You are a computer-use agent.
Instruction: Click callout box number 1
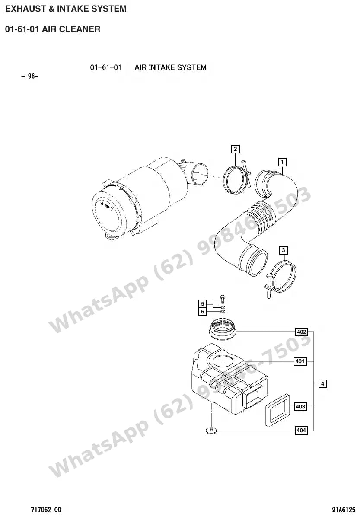click(282, 162)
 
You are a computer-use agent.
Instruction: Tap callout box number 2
click(235, 149)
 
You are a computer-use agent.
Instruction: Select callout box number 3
click(284, 250)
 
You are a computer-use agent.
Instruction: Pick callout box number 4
click(322, 383)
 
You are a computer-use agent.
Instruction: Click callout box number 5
click(203, 303)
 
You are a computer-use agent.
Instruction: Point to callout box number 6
click(203, 312)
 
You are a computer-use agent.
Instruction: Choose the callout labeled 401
click(300, 361)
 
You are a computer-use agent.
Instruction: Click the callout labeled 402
click(302, 332)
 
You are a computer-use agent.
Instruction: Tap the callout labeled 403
click(300, 406)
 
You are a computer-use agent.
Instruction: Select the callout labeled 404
click(301, 430)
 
